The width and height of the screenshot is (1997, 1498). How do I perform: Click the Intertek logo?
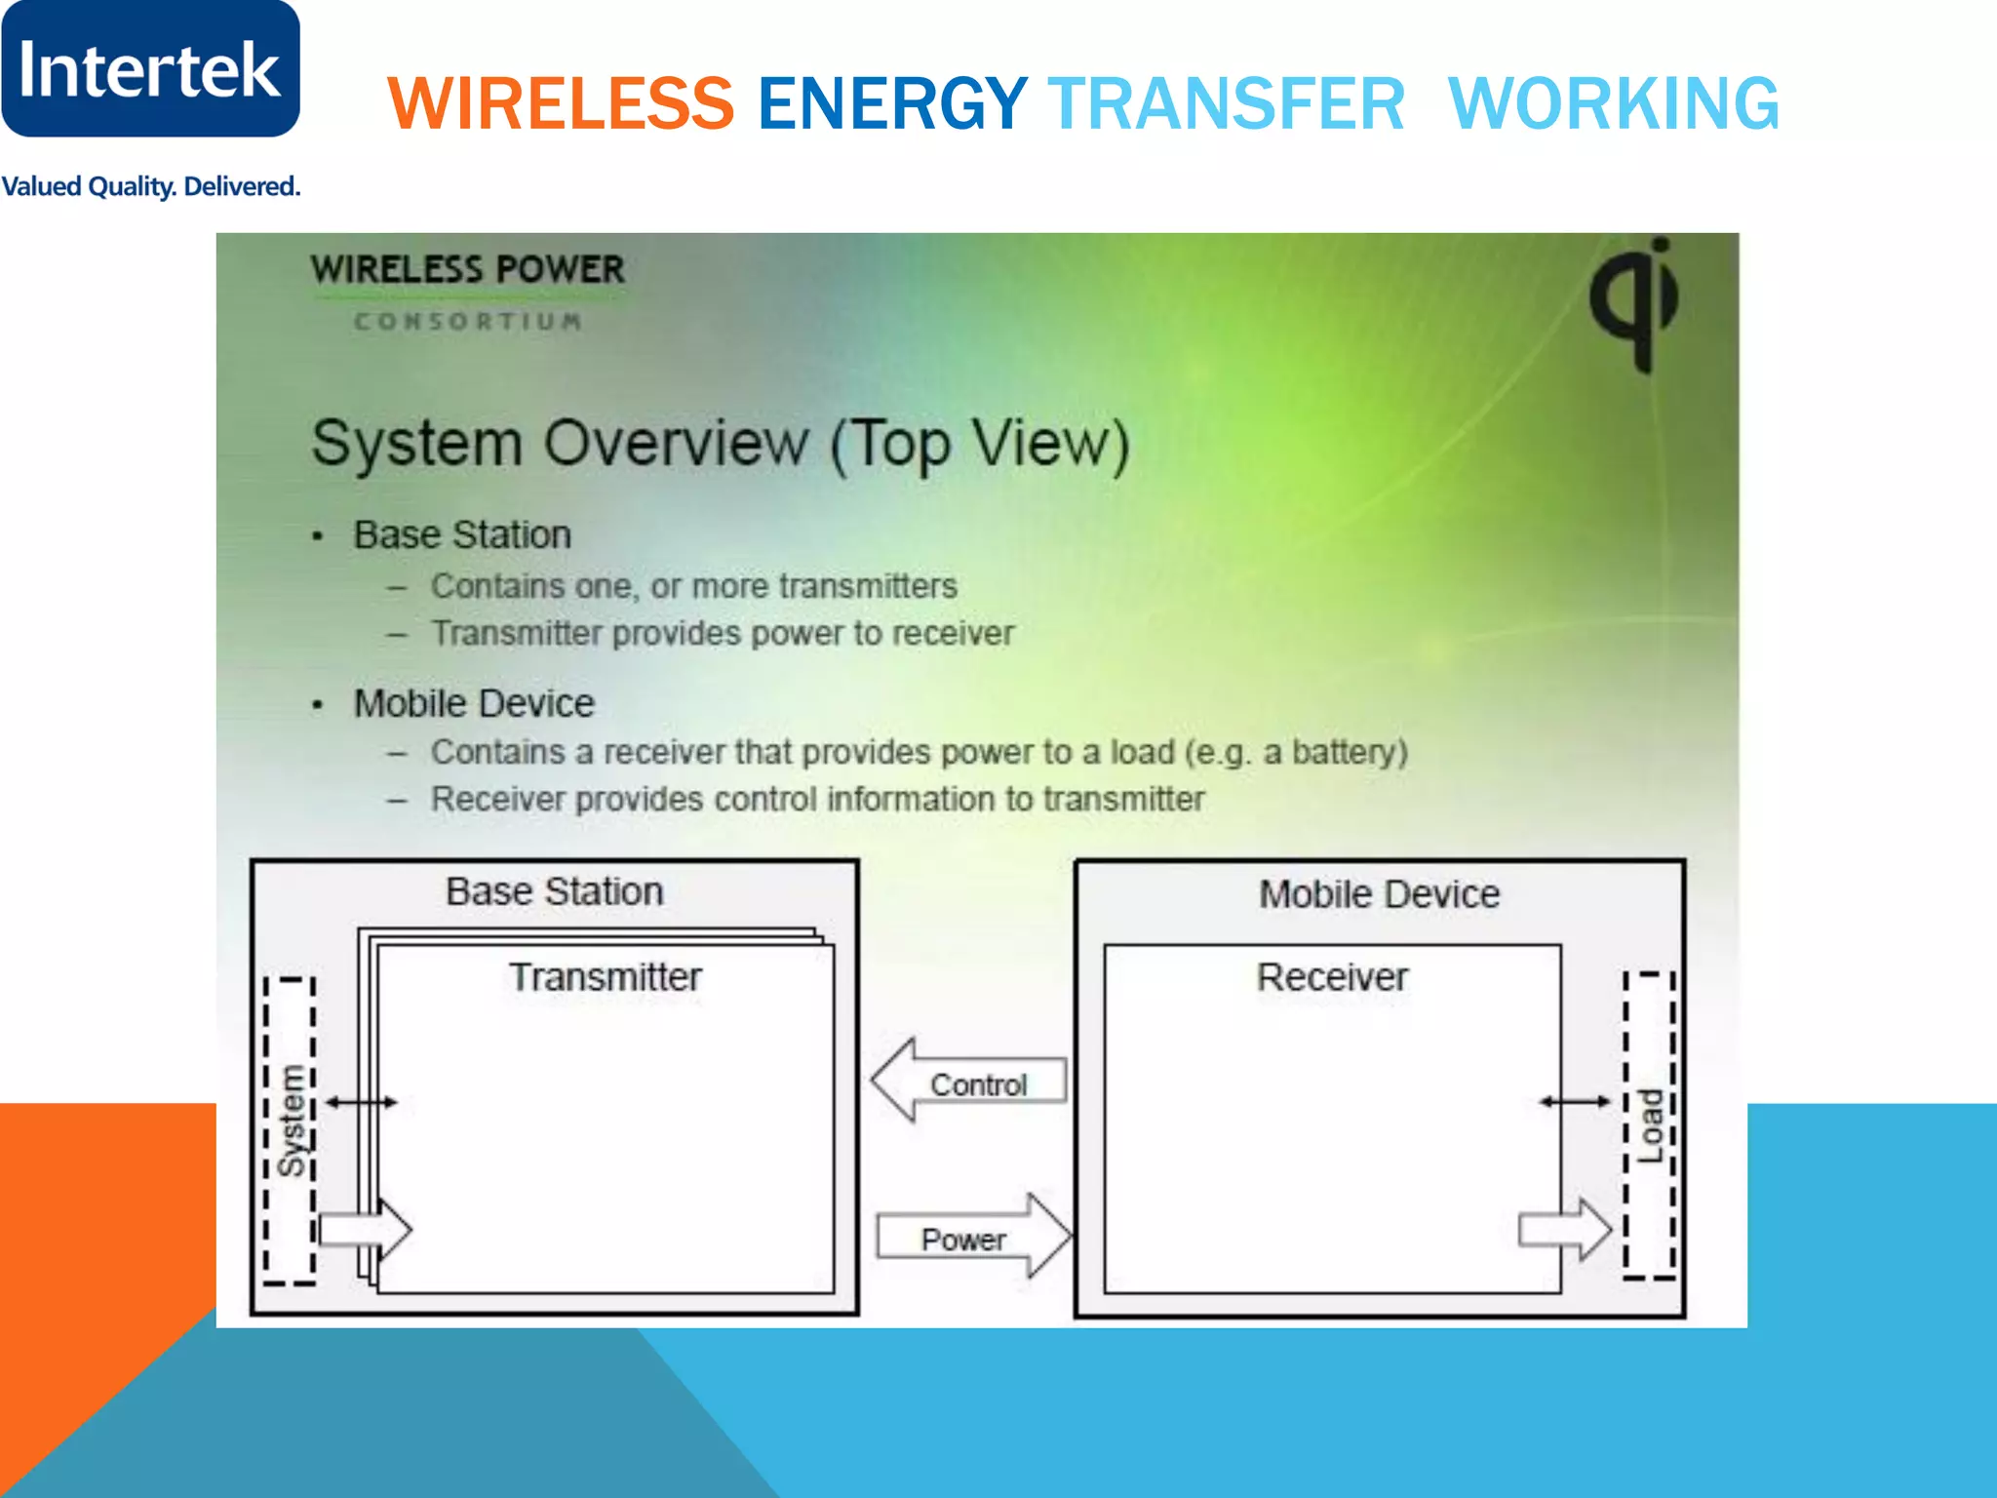pyautogui.click(x=150, y=69)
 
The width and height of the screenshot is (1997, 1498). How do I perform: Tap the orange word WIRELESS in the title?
pyautogui.click(x=561, y=103)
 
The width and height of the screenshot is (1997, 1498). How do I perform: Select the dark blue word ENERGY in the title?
pyautogui.click(x=892, y=103)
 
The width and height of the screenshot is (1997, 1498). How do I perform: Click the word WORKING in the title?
pyautogui.click(x=1614, y=103)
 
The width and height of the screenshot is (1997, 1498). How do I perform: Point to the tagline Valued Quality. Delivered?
pyautogui.click(x=150, y=186)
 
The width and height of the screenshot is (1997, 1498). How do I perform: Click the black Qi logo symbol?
pyautogui.click(x=1636, y=303)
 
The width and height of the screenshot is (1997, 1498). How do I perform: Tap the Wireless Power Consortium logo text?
pyautogui.click(x=467, y=289)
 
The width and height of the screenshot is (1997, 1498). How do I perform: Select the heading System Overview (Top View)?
pyautogui.click(x=720, y=443)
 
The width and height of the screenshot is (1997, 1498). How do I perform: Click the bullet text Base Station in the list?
pyautogui.click(x=461, y=534)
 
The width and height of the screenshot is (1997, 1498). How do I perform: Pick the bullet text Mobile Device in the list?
pyautogui.click(x=474, y=703)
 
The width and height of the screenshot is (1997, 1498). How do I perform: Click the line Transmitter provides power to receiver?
pyautogui.click(x=722, y=633)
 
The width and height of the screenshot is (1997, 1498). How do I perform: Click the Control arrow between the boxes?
pyautogui.click(x=968, y=1082)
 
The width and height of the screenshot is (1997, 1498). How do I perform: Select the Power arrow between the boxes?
pyautogui.click(x=972, y=1237)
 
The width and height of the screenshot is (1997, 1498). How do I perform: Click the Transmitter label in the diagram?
pyautogui.click(x=605, y=977)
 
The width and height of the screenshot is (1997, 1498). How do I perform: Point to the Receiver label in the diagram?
pyautogui.click(x=1332, y=977)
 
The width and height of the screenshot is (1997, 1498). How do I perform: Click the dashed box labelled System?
pyautogui.click(x=290, y=1129)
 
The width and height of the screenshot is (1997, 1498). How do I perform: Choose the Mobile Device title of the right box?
pyautogui.click(x=1379, y=894)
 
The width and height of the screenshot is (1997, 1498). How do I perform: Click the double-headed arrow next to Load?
pyautogui.click(x=1575, y=1102)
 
